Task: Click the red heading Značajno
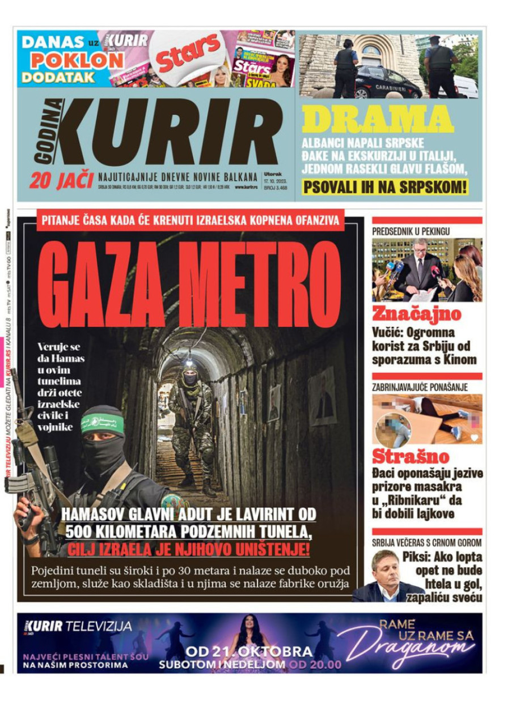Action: (x=417, y=313)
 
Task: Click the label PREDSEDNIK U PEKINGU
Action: (x=411, y=231)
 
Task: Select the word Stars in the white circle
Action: (x=188, y=53)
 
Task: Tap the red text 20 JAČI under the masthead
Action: (x=61, y=180)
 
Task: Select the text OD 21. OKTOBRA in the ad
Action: (x=249, y=652)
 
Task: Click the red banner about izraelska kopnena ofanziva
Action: (x=191, y=220)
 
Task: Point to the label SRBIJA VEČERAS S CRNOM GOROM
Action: (x=427, y=542)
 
